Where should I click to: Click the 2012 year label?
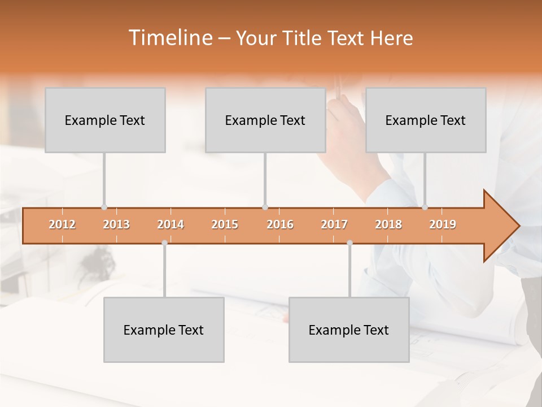coord(62,224)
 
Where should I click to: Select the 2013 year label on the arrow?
coord(116,224)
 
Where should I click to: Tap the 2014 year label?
coord(171,224)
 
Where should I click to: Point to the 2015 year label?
coord(225,224)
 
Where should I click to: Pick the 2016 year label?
coord(280,224)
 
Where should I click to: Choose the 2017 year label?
coord(334,224)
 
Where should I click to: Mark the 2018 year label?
coord(388,224)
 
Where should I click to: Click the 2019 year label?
coord(443,224)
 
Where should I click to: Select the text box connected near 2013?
coord(105,120)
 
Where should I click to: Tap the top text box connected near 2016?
coord(265,120)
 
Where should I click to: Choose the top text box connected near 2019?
coord(426,120)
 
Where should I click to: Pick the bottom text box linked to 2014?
coord(164,330)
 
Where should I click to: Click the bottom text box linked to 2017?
coord(349,330)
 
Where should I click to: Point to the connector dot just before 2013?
coord(104,207)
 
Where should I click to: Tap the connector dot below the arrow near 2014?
coord(164,243)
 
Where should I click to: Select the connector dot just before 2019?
coord(425,207)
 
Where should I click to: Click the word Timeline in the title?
coord(169,38)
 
